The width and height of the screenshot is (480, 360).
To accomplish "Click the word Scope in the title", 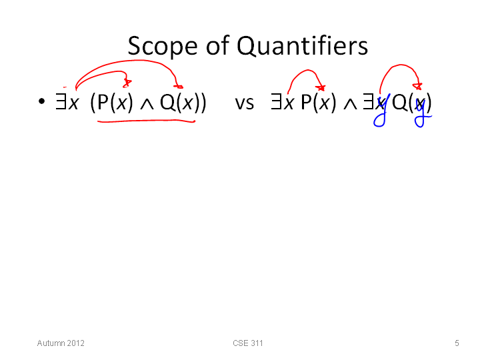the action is pyautogui.click(x=162, y=46).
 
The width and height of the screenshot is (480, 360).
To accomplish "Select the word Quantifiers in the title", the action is pyautogui.click(x=302, y=46).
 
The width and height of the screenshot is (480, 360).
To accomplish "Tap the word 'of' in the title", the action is pyautogui.click(x=217, y=45).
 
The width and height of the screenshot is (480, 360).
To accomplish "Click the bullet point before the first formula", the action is pyautogui.click(x=41, y=101).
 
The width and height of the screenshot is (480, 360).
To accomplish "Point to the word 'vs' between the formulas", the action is pyautogui.click(x=244, y=103).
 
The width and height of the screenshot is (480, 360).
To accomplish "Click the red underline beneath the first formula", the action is pyautogui.click(x=146, y=121).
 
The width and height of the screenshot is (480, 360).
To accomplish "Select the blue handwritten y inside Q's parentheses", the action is pyautogui.click(x=423, y=113).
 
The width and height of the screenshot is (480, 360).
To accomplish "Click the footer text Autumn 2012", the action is pyautogui.click(x=61, y=343).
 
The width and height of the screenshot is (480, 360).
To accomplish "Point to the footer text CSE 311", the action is pyautogui.click(x=247, y=343).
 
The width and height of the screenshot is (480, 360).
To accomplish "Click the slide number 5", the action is pyautogui.click(x=457, y=343).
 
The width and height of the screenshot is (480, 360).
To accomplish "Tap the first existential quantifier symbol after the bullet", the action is pyautogui.click(x=61, y=101).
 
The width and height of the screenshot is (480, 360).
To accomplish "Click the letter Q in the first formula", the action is pyautogui.click(x=167, y=102).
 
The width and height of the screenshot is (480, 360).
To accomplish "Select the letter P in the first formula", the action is pyautogui.click(x=103, y=101).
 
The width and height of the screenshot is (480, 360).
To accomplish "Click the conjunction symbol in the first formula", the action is pyautogui.click(x=147, y=104).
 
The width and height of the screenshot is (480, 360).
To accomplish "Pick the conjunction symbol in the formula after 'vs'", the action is pyautogui.click(x=350, y=104).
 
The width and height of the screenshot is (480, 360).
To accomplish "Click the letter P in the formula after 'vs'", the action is pyautogui.click(x=307, y=101).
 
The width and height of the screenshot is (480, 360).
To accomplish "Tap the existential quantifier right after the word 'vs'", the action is pyautogui.click(x=276, y=101).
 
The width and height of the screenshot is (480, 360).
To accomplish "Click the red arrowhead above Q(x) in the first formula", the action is pyautogui.click(x=179, y=87).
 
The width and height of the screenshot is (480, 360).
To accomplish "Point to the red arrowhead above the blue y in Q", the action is pyautogui.click(x=418, y=86).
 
